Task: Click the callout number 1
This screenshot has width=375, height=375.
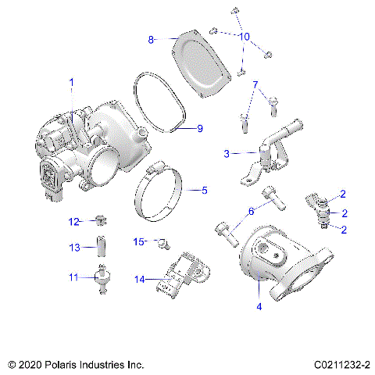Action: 72,81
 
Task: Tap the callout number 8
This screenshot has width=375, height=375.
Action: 151,38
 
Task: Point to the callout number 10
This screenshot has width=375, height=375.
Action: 244,37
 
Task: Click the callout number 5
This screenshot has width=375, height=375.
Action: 205,189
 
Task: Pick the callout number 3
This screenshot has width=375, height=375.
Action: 227,154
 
